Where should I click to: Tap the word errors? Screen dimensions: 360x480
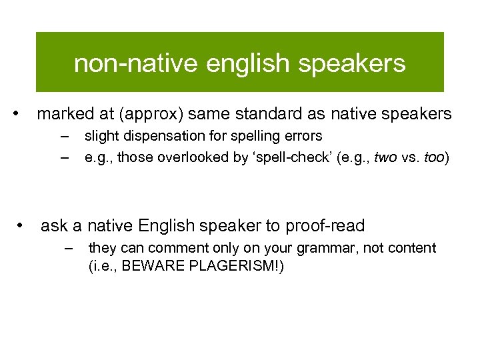[301, 137]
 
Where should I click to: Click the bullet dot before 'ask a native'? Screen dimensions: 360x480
[22, 225]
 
